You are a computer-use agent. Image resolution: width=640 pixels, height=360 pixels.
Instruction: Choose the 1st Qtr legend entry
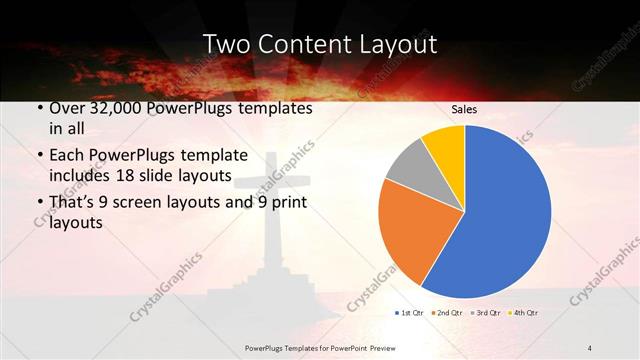[x=409, y=313]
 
